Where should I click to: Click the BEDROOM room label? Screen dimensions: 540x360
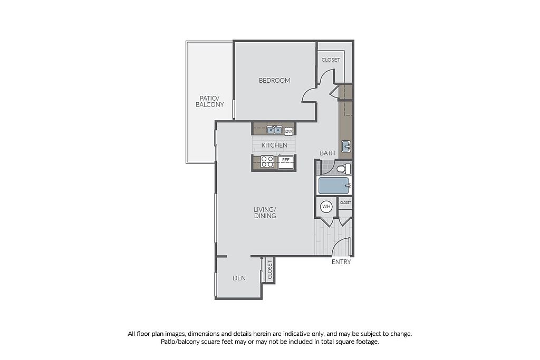[x=274, y=81]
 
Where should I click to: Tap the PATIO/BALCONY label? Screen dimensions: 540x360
[x=210, y=102]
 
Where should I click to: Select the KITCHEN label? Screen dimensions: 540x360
[x=274, y=145]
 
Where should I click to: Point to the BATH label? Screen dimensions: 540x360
[x=327, y=153]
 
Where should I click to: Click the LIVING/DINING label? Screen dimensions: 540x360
[x=265, y=213]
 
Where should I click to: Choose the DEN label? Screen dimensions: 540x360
[x=239, y=278]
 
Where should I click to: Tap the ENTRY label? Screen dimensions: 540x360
[x=341, y=262]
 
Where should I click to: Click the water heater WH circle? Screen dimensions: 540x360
[x=326, y=207]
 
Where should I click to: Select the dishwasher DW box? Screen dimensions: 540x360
[x=288, y=131]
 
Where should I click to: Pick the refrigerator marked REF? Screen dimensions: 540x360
[x=286, y=162]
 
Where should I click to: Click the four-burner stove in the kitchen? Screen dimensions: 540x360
[x=267, y=162]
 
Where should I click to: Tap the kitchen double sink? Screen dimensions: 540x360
[x=274, y=130]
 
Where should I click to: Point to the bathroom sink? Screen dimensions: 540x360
[x=346, y=147]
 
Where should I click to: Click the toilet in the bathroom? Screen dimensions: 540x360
[x=343, y=169]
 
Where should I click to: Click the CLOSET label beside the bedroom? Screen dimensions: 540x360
[x=331, y=60]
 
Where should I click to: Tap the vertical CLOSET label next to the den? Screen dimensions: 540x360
[x=269, y=270]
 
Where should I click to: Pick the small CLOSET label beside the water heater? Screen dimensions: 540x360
[x=345, y=203]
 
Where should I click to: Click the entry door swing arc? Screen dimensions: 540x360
[x=338, y=242]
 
